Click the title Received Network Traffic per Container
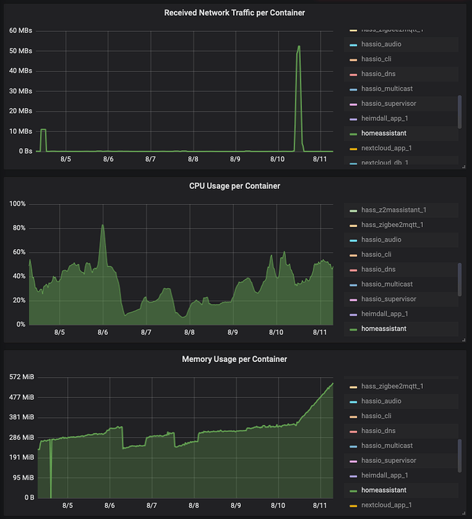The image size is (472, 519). [x=234, y=12]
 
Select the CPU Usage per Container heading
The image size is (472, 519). [x=234, y=185]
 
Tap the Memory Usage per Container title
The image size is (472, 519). [x=234, y=359]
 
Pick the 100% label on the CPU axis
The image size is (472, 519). [x=17, y=204]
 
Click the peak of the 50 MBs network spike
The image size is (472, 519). [x=299, y=46]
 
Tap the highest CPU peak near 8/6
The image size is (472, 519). [x=103, y=225]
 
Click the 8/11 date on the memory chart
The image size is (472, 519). [x=319, y=505]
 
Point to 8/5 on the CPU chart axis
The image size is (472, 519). [x=59, y=332]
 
